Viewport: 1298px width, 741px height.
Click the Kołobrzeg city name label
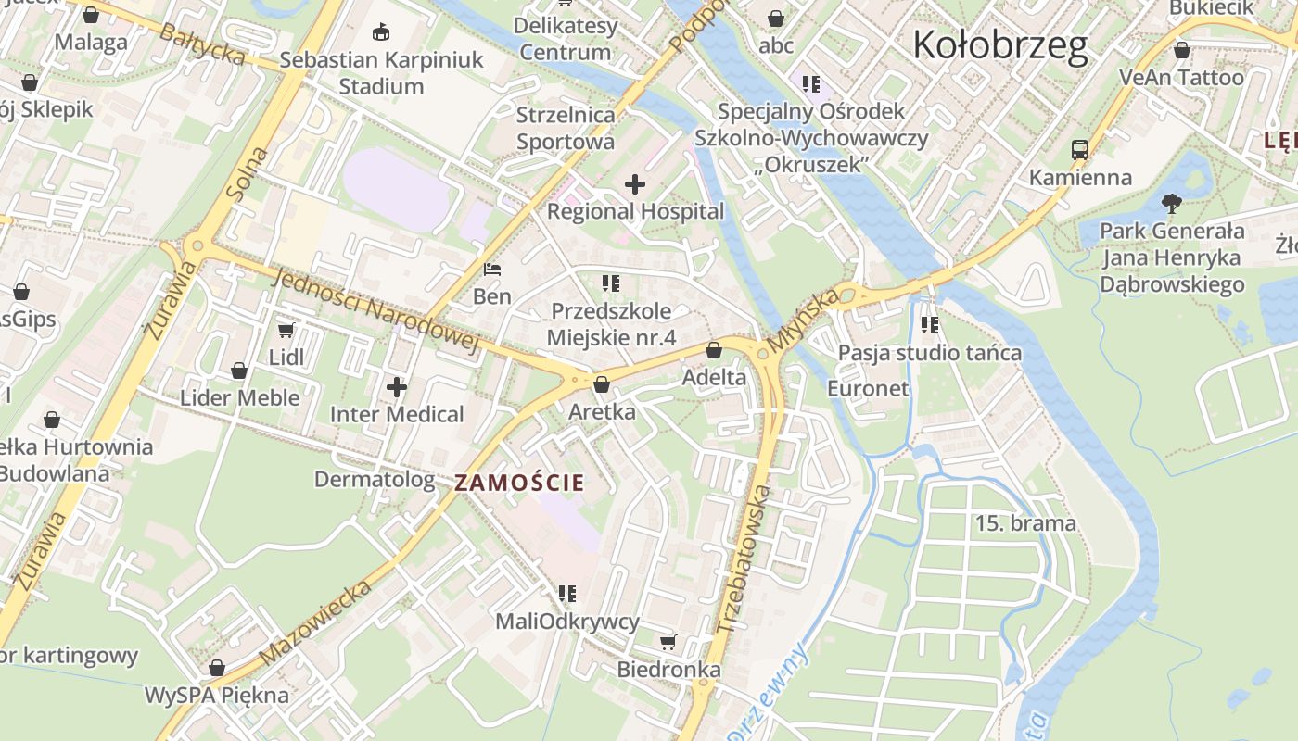pyautogui.click(x=1000, y=44)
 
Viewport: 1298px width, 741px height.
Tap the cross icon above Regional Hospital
pyautogui.click(x=635, y=184)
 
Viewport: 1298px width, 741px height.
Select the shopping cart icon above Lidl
pyautogui.click(x=286, y=330)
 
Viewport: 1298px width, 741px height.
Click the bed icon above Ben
pyautogui.click(x=492, y=270)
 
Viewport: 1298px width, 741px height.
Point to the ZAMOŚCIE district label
pyautogui.click(x=519, y=483)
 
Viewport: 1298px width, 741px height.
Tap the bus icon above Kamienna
pyautogui.click(x=1080, y=149)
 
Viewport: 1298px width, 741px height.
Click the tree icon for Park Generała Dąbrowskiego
pyautogui.click(x=1172, y=203)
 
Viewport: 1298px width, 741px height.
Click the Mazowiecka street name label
pyautogui.click(x=316, y=622)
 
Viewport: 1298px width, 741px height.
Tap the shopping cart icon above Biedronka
pyautogui.click(x=668, y=642)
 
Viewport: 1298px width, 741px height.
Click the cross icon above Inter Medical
pyautogui.click(x=397, y=386)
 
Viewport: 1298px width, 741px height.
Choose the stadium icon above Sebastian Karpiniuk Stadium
pyautogui.click(x=380, y=32)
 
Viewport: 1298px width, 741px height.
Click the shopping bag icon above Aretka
pyautogui.click(x=602, y=384)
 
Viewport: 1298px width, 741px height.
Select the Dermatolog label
pyautogui.click(x=375, y=479)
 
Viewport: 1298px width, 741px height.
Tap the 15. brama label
pyautogui.click(x=1025, y=523)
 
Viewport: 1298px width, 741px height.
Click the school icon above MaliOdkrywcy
pyautogui.click(x=567, y=593)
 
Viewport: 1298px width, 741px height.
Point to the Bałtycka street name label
pyautogui.click(x=201, y=44)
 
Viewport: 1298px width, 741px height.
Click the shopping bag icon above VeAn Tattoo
pyautogui.click(x=1182, y=50)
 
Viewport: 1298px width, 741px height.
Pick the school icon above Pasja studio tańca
pyautogui.click(x=930, y=325)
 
